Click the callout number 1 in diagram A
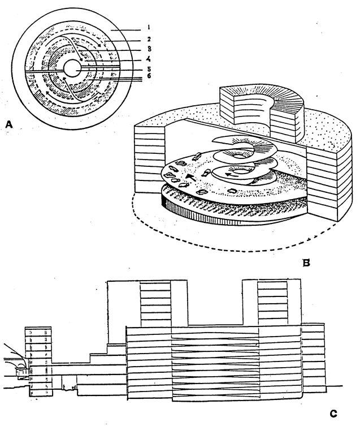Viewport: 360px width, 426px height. click(x=149, y=27)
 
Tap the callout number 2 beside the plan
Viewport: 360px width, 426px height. click(x=149, y=39)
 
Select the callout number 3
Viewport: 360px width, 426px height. click(x=149, y=49)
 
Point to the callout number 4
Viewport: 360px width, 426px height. click(x=149, y=59)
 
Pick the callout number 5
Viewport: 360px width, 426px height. click(x=149, y=69)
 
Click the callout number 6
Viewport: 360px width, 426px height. click(x=149, y=76)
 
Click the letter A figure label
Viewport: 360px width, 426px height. click(x=9, y=124)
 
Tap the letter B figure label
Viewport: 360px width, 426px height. click(x=306, y=263)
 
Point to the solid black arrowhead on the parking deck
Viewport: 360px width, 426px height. click(x=190, y=177)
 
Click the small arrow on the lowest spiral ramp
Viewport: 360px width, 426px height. click(x=233, y=174)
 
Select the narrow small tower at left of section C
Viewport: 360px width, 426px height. click(x=38, y=361)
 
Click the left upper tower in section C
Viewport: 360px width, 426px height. click(x=148, y=303)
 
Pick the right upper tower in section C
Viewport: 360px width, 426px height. click(x=271, y=302)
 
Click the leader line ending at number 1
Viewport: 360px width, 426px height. click(x=125, y=30)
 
